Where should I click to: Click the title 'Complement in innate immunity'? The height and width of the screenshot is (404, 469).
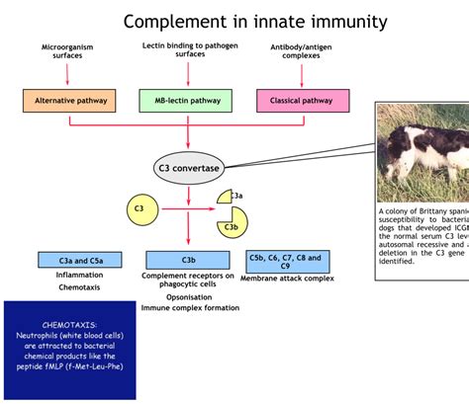tap(255, 21)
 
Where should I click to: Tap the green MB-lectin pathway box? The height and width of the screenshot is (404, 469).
tap(188, 100)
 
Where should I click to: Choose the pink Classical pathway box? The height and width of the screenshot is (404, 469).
tap(302, 100)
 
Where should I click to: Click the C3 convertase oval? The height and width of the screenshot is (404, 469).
tap(188, 168)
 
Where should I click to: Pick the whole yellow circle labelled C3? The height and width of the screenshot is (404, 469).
tap(141, 208)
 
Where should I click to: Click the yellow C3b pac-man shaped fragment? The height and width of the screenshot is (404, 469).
tap(232, 221)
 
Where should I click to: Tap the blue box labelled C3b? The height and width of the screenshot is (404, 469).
tap(188, 260)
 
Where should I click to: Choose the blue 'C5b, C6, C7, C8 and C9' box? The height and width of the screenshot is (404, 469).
tap(286, 261)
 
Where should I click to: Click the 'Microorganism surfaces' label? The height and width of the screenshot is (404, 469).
tap(69, 52)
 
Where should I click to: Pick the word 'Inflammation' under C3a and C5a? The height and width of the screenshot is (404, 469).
tap(79, 276)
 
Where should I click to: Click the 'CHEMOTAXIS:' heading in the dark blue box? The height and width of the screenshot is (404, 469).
tap(69, 324)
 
